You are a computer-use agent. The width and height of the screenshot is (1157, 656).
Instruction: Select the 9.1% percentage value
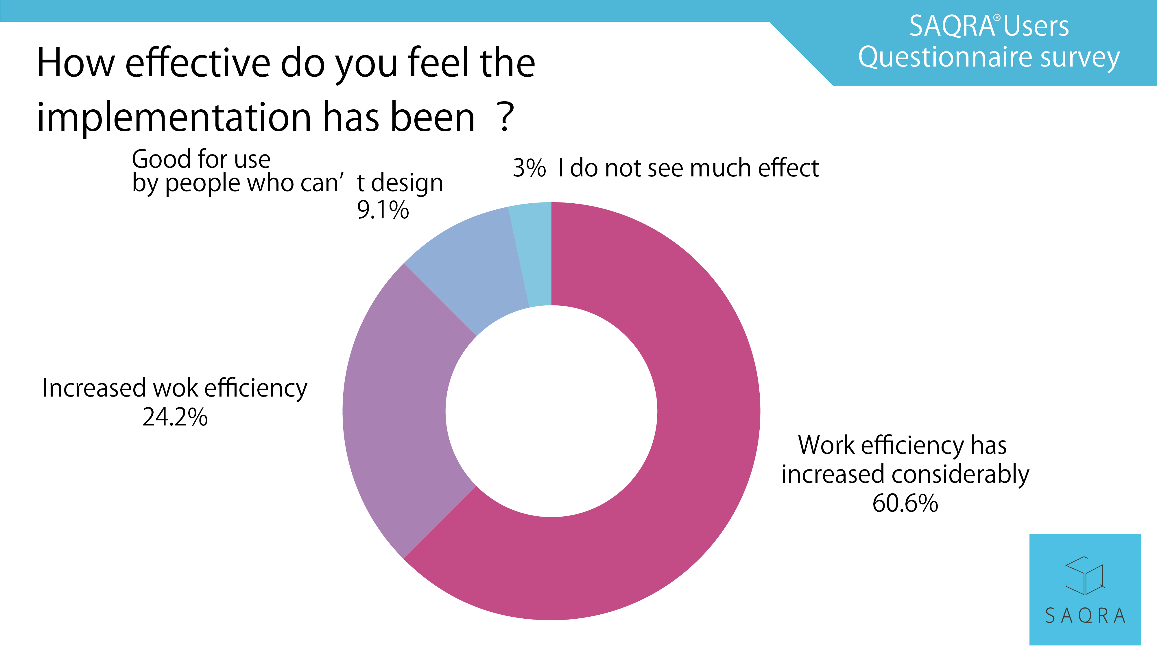[x=383, y=210]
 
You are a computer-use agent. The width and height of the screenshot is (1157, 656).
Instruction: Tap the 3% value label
[x=529, y=169]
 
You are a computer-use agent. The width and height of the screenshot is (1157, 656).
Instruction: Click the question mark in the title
[x=507, y=117]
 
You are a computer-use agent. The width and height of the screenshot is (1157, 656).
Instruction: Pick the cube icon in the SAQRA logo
[x=1084, y=576]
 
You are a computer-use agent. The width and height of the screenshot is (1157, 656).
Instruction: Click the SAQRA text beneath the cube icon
[x=1085, y=616]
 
